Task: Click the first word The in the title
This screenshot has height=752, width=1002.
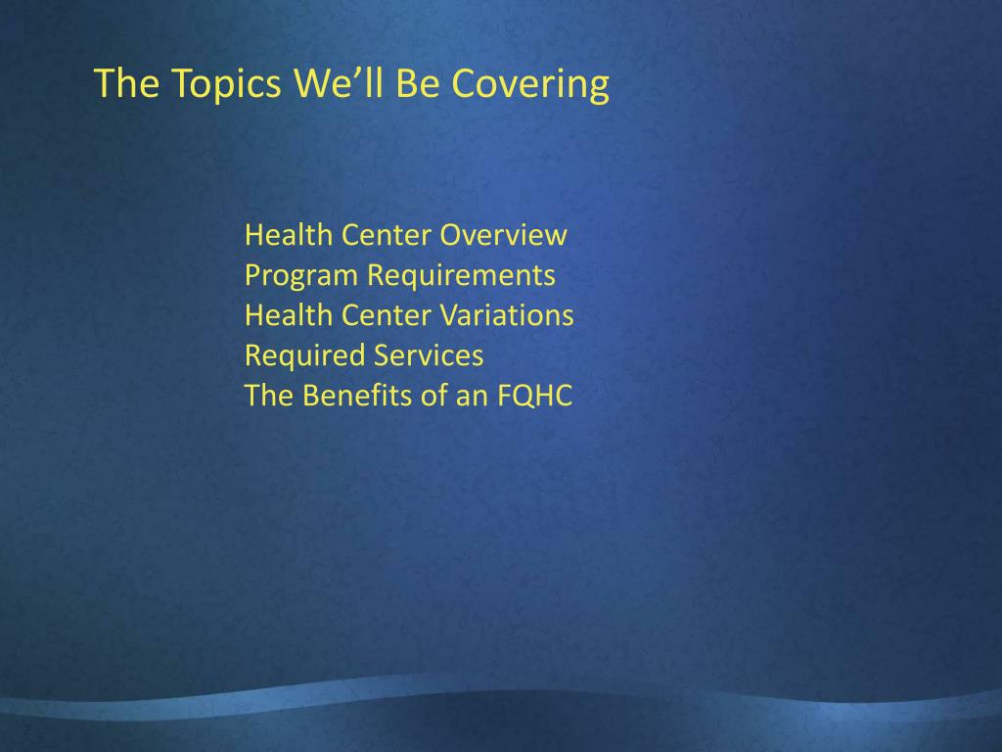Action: (x=126, y=84)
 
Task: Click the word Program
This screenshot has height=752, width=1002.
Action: (x=301, y=276)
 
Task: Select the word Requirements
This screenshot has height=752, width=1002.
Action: (x=461, y=276)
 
